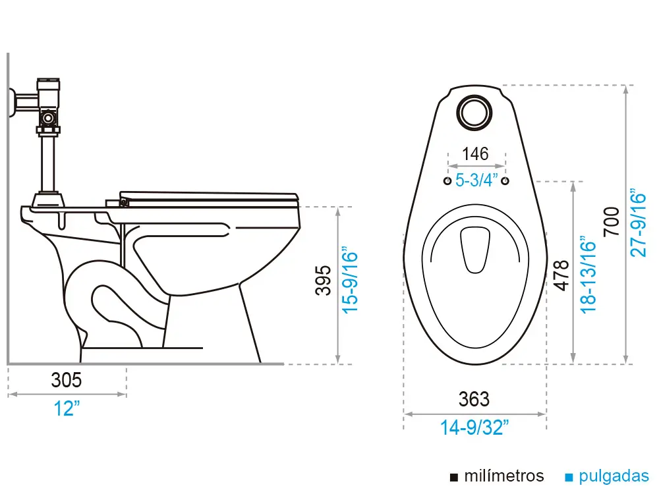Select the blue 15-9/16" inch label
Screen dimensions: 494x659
coord(349,281)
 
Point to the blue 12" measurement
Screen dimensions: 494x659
coord(67,408)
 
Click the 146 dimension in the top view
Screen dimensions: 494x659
coord(475,154)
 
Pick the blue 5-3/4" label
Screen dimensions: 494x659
coord(476,180)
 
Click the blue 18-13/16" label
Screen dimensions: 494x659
coord(588,275)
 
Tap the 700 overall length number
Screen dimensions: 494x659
coord(612,222)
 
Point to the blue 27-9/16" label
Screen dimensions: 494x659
coord(638,224)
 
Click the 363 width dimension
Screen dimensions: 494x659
coord(474,399)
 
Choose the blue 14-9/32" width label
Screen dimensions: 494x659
coord(474,427)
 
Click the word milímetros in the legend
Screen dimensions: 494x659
coord(504,476)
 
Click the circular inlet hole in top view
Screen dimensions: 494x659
coord(474,111)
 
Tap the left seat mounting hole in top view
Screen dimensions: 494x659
coord(447,180)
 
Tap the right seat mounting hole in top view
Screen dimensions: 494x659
coord(505,180)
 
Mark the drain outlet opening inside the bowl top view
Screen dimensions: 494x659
coord(474,249)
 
